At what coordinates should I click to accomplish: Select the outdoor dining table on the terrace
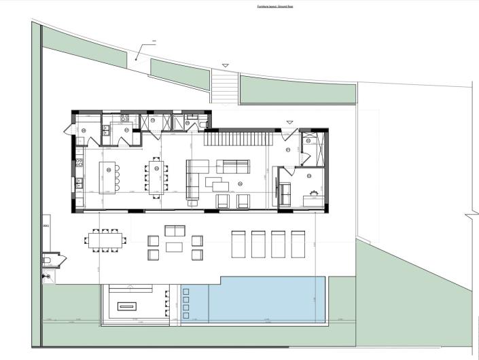[105, 240]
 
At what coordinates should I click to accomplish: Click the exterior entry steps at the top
[225, 87]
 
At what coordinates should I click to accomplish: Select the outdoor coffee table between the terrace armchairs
[175, 247]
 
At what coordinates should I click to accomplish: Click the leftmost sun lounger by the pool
[238, 244]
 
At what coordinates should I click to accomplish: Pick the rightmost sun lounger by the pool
[298, 244]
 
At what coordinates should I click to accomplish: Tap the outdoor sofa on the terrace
[175, 230]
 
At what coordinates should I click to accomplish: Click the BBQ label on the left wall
[46, 225]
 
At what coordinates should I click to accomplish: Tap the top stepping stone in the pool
[185, 293]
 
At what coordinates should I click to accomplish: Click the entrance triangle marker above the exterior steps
[225, 66]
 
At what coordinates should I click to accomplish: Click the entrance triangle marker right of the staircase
[289, 123]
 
